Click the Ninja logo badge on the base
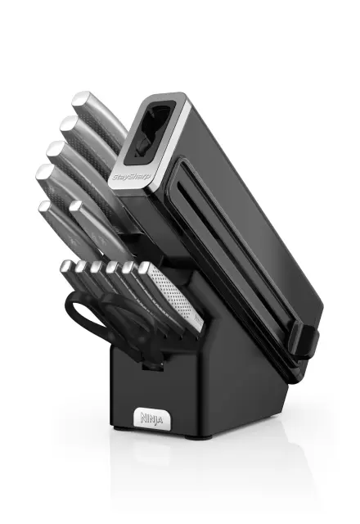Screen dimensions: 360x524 152,418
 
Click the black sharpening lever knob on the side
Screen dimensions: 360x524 304,342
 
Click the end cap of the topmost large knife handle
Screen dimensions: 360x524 81,100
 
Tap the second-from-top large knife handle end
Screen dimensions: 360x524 70,124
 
